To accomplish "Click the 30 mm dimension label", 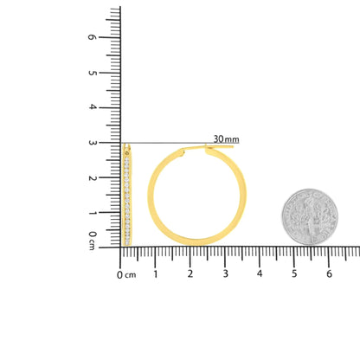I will pos(225,138).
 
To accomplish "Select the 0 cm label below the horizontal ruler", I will pos(126,274).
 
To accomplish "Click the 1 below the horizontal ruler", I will pos(156,273).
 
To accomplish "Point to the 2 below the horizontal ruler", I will pos(190,273).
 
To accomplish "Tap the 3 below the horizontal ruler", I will pos(225,273).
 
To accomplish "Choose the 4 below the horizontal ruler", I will pos(260,273).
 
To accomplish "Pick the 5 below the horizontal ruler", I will pos(294,273).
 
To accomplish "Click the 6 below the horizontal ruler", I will pos(329,273).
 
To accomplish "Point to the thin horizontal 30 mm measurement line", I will pos(173,144).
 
